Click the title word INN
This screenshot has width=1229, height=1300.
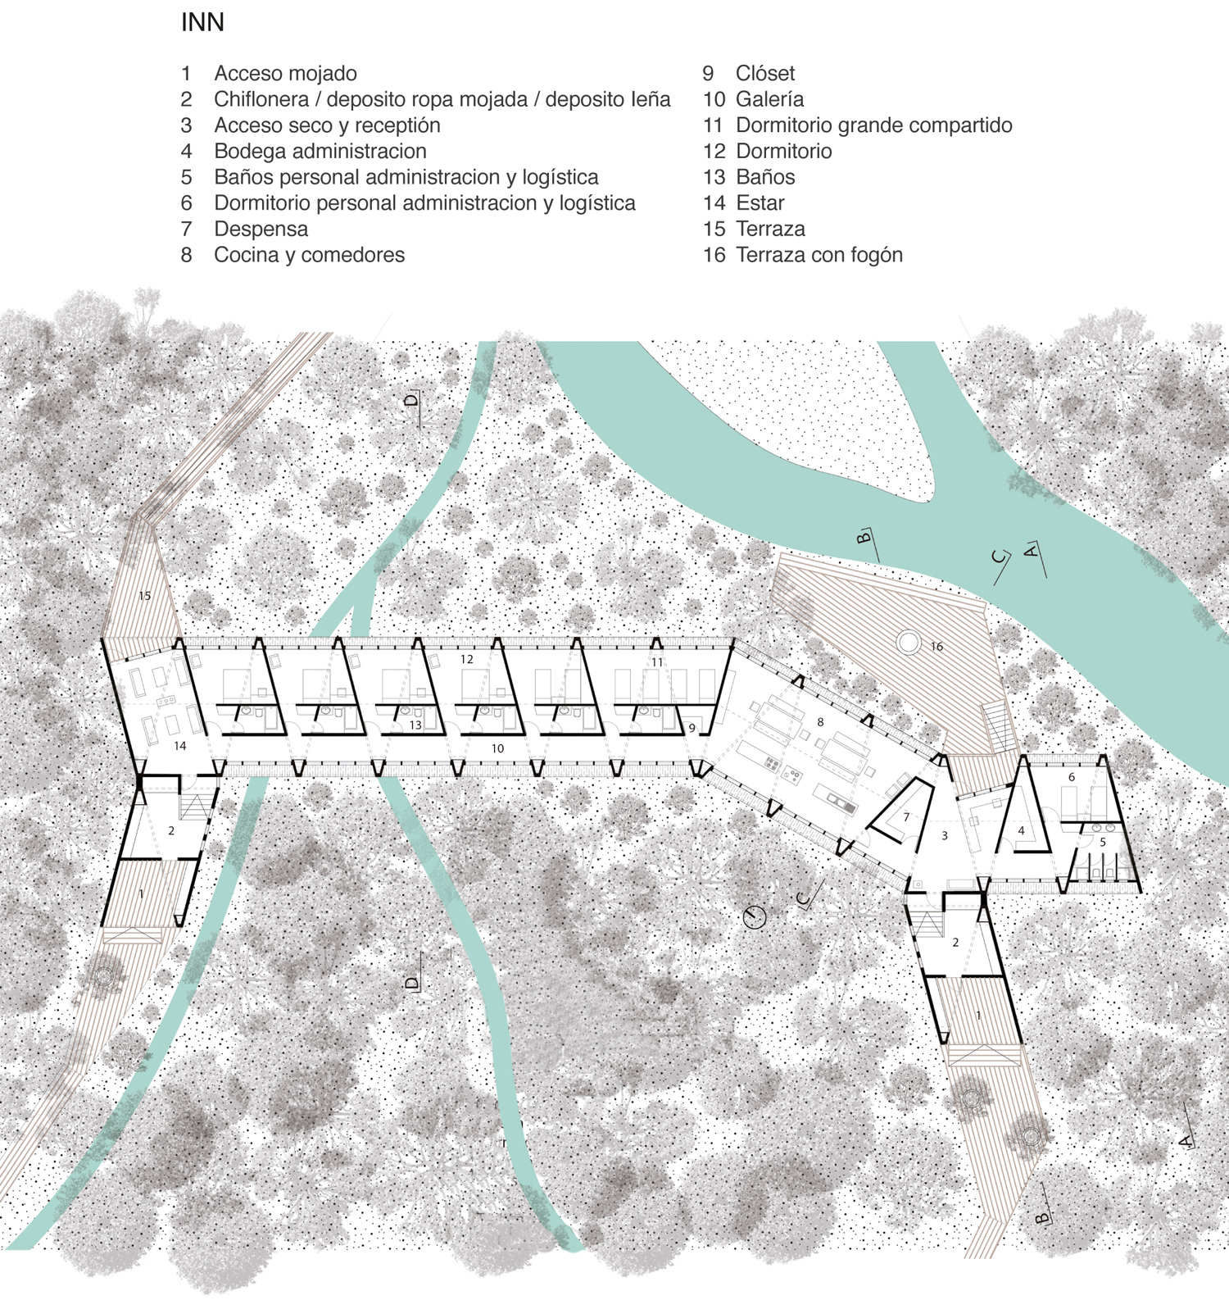click(x=202, y=22)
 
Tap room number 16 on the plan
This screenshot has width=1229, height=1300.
click(x=936, y=647)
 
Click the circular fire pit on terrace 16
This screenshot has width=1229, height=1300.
click(x=909, y=642)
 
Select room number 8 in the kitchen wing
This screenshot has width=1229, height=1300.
click(x=820, y=722)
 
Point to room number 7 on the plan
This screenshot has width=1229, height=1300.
click(x=907, y=817)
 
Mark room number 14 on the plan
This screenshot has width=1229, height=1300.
click(x=179, y=746)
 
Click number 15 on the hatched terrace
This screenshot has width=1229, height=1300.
click(x=144, y=596)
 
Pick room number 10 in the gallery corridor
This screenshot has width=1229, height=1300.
click(x=497, y=748)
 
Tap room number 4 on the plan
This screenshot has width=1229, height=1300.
click(x=1021, y=830)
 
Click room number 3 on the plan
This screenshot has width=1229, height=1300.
click(x=945, y=836)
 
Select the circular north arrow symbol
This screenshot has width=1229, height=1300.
click(x=754, y=916)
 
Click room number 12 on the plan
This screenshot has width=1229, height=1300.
click(x=467, y=659)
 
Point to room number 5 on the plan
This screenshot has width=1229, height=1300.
click(x=1103, y=842)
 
